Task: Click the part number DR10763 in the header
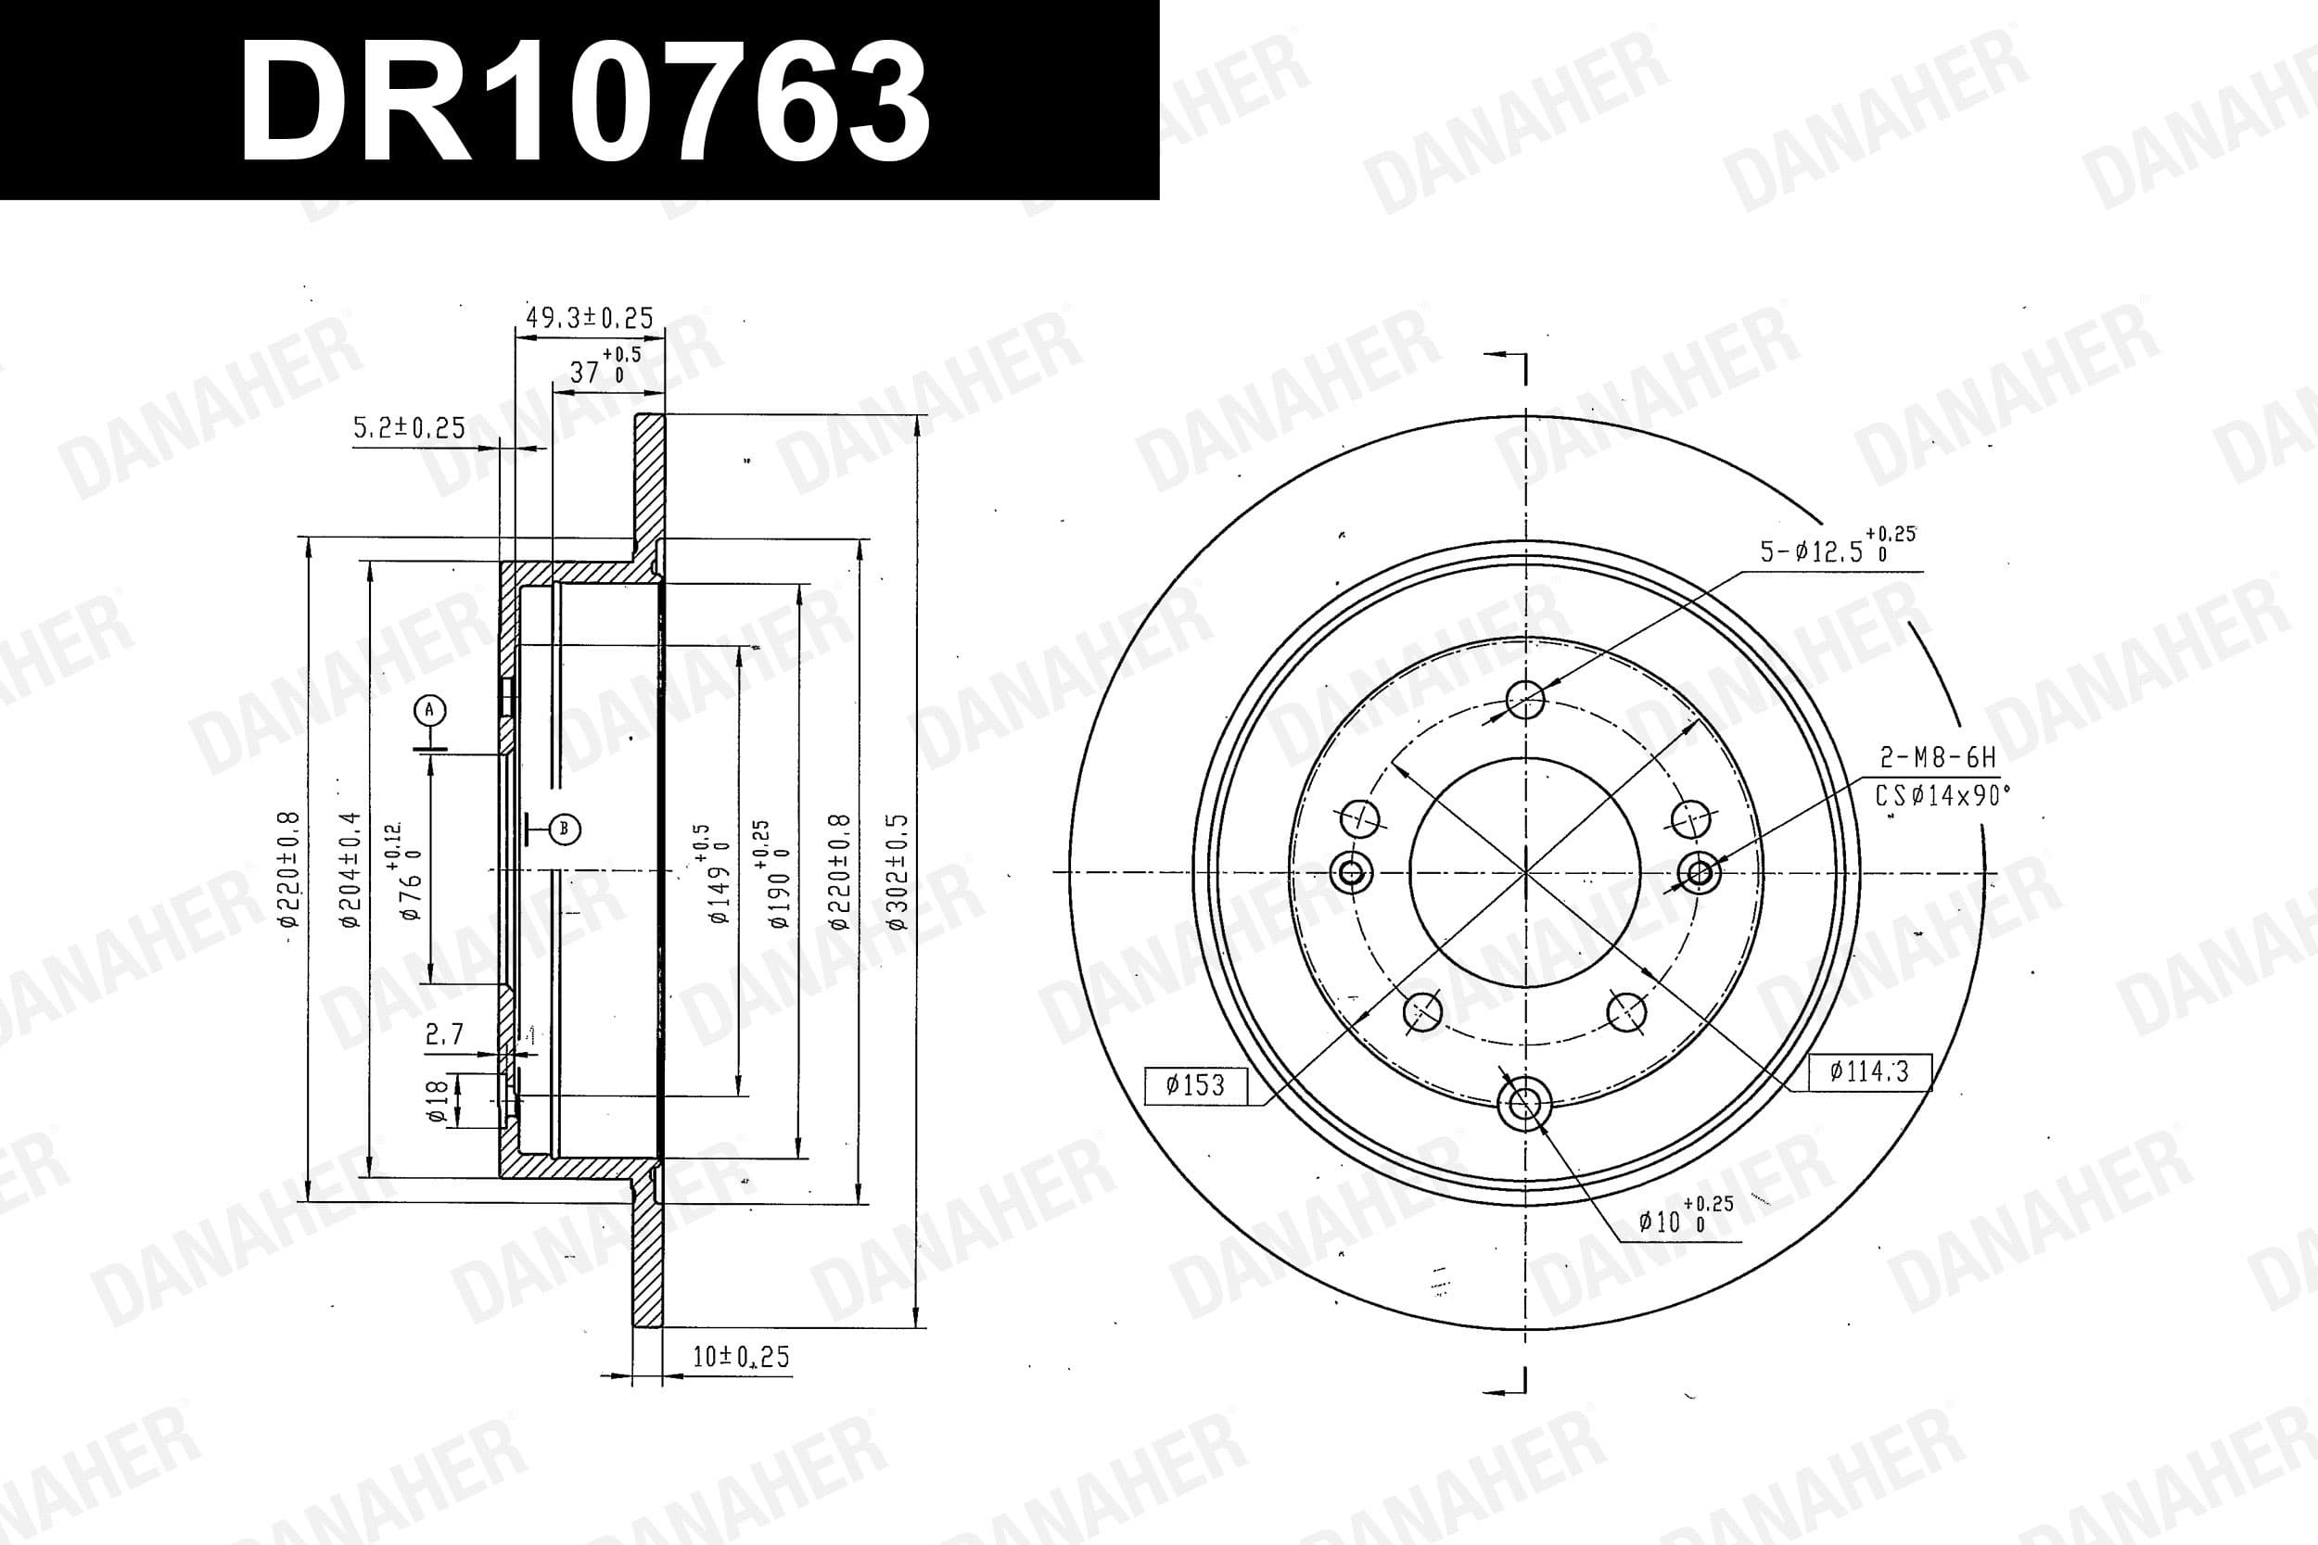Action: [584, 103]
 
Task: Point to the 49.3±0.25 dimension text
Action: [590, 317]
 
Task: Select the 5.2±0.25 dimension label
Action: [409, 427]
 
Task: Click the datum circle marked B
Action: [565, 829]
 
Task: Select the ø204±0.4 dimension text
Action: [350, 870]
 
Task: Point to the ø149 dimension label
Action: [714, 874]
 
